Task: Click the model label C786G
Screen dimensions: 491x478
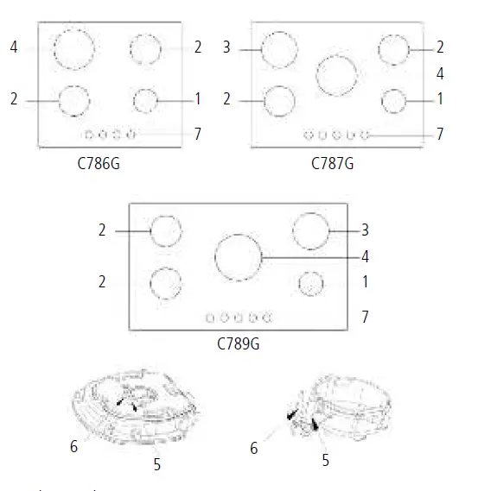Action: click(x=97, y=162)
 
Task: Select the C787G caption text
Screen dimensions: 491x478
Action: click(x=333, y=162)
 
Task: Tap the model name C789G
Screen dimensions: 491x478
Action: click(x=239, y=343)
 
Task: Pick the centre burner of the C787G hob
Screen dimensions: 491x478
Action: click(x=337, y=74)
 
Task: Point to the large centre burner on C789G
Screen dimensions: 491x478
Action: click(x=238, y=257)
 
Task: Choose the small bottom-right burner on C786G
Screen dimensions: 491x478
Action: click(x=145, y=100)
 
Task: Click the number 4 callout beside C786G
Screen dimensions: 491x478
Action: click(x=14, y=47)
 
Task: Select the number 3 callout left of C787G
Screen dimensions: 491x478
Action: click(x=226, y=47)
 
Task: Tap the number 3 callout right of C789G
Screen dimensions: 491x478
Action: click(x=365, y=230)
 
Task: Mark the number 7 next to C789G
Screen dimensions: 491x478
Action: click(x=365, y=318)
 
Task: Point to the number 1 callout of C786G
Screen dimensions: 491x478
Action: click(x=197, y=100)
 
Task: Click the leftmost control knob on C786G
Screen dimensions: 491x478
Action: click(x=89, y=135)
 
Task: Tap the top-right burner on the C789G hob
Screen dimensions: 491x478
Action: click(x=311, y=231)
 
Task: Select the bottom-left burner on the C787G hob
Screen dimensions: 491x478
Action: click(x=279, y=100)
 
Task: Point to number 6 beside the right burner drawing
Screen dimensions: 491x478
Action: click(x=254, y=448)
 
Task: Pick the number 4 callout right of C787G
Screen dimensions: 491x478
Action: click(x=440, y=73)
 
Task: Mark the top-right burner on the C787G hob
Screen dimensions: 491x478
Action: click(x=394, y=48)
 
